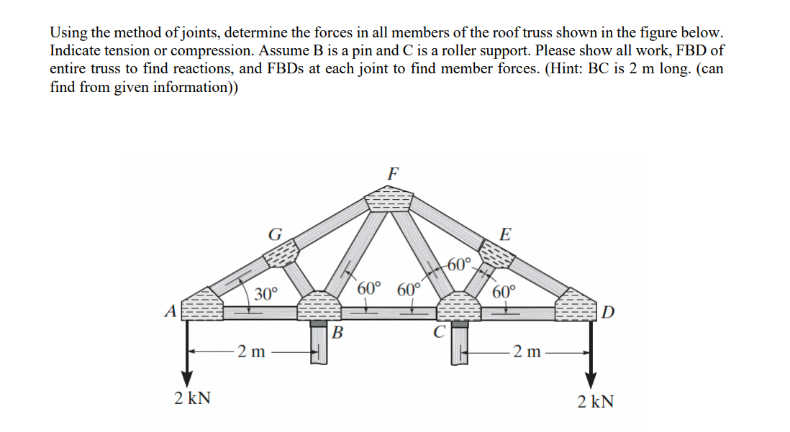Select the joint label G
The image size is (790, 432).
274,234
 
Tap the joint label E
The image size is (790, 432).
505,234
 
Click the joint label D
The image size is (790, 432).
609,313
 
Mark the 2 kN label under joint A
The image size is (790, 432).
192,400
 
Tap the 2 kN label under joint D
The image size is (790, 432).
596,401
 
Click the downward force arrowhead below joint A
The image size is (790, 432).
187,379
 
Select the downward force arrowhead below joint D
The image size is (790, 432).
591,379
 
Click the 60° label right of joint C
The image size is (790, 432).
504,292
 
